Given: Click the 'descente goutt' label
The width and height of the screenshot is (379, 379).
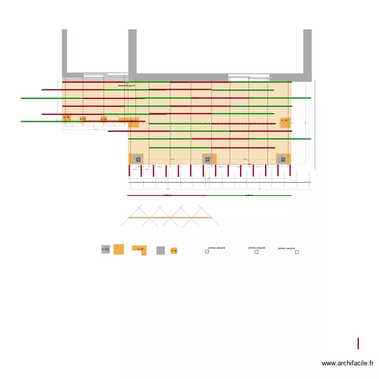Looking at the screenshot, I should tap(126, 86).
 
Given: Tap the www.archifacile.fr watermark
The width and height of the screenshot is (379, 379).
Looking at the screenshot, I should tap(348, 363).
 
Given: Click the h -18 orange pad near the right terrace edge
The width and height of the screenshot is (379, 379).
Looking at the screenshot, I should tap(285, 121).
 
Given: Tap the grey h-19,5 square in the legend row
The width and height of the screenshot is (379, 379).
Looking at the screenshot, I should tap(106, 249).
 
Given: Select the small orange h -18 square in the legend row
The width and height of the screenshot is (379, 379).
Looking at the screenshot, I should tap(174, 250).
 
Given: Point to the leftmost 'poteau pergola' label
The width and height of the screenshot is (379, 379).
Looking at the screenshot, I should tap(216, 248).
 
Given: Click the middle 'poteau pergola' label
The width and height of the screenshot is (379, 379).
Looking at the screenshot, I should tap(257, 248).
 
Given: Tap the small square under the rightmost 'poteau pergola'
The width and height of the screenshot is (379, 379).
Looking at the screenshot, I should tap(297, 252).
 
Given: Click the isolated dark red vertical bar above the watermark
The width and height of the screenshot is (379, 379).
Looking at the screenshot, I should tap(358, 344).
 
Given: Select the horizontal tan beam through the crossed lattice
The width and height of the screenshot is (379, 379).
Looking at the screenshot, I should tap(170, 217).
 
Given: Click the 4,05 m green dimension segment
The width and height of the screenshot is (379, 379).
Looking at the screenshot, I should tap(249, 195).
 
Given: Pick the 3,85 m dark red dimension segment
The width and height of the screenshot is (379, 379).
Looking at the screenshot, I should tap(167, 195).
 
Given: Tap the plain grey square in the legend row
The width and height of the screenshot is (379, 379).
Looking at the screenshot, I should tap(160, 250).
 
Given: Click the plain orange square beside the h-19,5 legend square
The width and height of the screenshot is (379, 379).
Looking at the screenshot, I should tap(118, 249).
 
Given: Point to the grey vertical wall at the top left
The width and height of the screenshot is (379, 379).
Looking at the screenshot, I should tap(64, 51).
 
